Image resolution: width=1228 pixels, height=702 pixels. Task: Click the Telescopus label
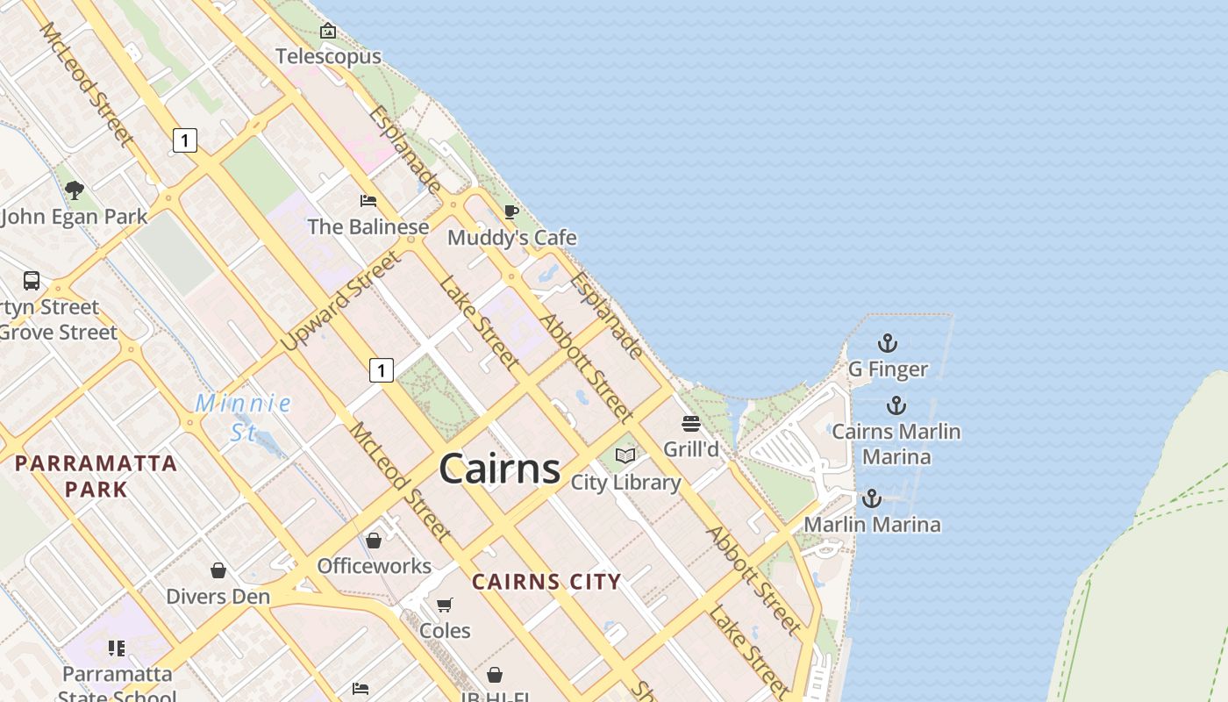328,57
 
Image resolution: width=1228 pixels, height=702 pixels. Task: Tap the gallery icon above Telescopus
328,32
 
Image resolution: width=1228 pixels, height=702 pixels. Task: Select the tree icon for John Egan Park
75,190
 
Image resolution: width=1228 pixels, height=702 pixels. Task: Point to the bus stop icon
32,281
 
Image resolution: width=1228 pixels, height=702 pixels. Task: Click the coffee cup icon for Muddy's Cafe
511,211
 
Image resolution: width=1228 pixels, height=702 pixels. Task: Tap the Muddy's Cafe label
512,238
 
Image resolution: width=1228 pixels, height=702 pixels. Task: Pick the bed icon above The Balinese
368,201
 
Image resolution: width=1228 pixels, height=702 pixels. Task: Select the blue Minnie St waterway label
243,417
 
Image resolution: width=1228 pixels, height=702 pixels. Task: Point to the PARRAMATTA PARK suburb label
96,476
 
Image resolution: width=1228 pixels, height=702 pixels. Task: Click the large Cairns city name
500,469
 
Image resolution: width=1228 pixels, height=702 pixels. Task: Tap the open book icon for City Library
625,455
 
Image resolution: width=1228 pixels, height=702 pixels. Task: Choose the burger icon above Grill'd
691,424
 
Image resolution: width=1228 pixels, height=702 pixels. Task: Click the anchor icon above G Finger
888,343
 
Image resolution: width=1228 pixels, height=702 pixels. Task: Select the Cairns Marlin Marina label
896,444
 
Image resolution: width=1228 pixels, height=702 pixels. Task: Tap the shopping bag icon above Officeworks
374,541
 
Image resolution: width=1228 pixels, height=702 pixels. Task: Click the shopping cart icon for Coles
445,605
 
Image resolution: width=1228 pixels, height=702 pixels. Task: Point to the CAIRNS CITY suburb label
546,582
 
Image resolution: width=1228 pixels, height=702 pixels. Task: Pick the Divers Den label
218,597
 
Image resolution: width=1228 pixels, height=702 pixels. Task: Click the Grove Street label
58,333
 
